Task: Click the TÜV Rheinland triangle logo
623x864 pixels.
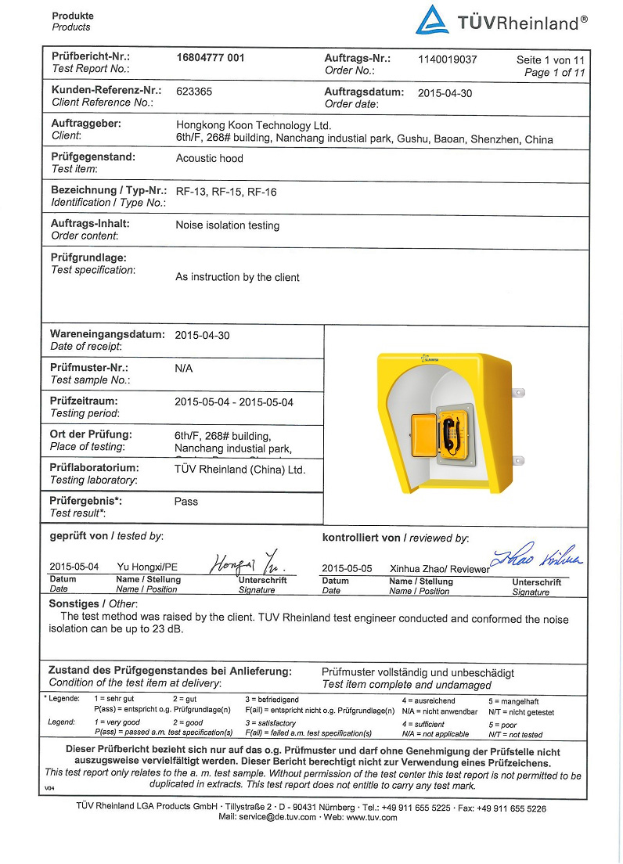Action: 433,20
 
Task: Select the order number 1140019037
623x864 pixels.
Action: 447,59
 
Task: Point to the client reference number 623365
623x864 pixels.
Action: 194,92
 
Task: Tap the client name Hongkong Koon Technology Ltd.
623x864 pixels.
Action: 254,125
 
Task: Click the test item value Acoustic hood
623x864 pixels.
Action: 209,158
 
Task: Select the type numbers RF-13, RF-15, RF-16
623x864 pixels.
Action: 226,192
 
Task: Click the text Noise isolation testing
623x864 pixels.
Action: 227,225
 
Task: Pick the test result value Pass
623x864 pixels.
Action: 186,502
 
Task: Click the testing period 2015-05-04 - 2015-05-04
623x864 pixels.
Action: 233,402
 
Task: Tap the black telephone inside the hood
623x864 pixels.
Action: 452,434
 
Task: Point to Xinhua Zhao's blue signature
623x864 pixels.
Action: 536,557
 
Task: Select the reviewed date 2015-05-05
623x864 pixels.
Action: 346,567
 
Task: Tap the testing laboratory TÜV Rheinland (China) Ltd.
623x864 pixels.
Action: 239,470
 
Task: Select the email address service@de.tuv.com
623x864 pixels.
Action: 267,817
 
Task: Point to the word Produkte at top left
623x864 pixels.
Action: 72,16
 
